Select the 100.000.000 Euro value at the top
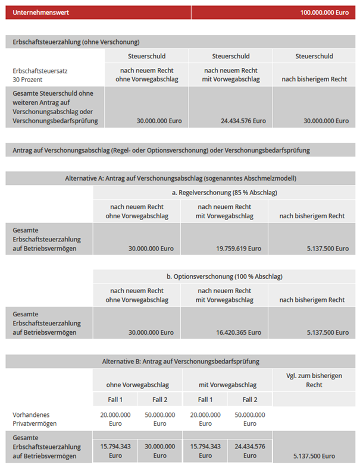click(x=324, y=12)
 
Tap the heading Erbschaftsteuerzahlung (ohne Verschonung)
click(x=76, y=42)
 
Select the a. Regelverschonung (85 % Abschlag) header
click(x=224, y=193)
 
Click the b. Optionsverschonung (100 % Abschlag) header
click(x=224, y=277)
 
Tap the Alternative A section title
click(x=180, y=178)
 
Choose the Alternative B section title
click(x=180, y=361)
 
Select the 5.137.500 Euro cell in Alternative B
click(x=314, y=456)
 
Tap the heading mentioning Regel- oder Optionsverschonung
click(x=161, y=150)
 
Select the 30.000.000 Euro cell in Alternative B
click(x=159, y=451)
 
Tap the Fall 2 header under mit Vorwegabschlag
click(x=250, y=400)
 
